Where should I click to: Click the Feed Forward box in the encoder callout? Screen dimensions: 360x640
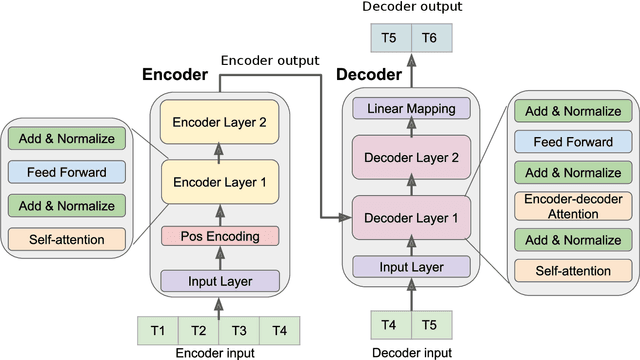coord(68,172)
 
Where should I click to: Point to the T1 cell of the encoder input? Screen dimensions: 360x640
coord(158,331)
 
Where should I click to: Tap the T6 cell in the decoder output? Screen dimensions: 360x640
coord(429,38)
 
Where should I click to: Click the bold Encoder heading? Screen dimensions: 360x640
coord(176,75)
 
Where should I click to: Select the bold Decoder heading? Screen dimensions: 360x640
coord(370,75)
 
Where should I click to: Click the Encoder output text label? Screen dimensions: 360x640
coord(269,59)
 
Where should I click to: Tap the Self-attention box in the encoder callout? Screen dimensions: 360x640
coord(68,239)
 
